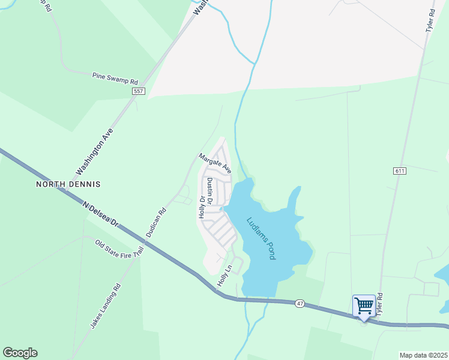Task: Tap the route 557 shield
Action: point(139,91)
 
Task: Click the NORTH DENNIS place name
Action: point(68,184)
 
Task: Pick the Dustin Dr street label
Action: point(209,191)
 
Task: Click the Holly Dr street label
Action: point(202,206)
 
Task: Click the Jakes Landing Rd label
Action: point(106,307)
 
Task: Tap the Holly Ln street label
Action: point(224,274)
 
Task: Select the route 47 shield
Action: point(300,304)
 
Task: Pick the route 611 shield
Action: point(400,171)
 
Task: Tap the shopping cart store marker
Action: point(364,305)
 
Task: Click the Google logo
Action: point(20,353)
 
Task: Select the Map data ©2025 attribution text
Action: point(423,355)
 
